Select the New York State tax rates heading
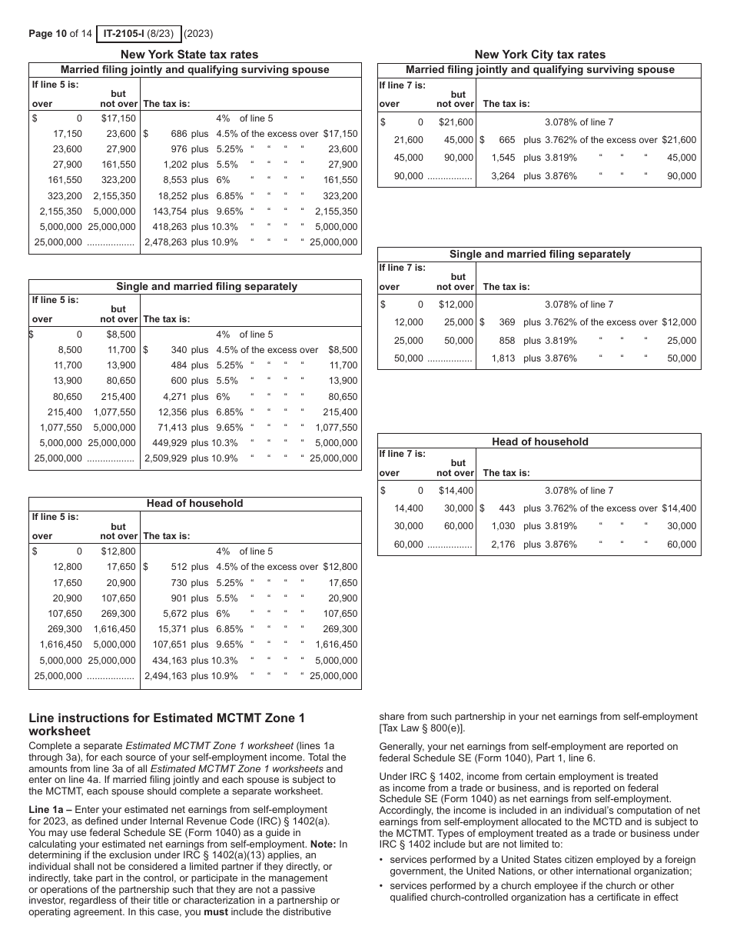(190, 55)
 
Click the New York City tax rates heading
(539, 55)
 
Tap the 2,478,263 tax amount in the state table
(165, 242)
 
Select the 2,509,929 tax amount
(165, 458)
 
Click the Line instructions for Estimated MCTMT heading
(167, 724)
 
